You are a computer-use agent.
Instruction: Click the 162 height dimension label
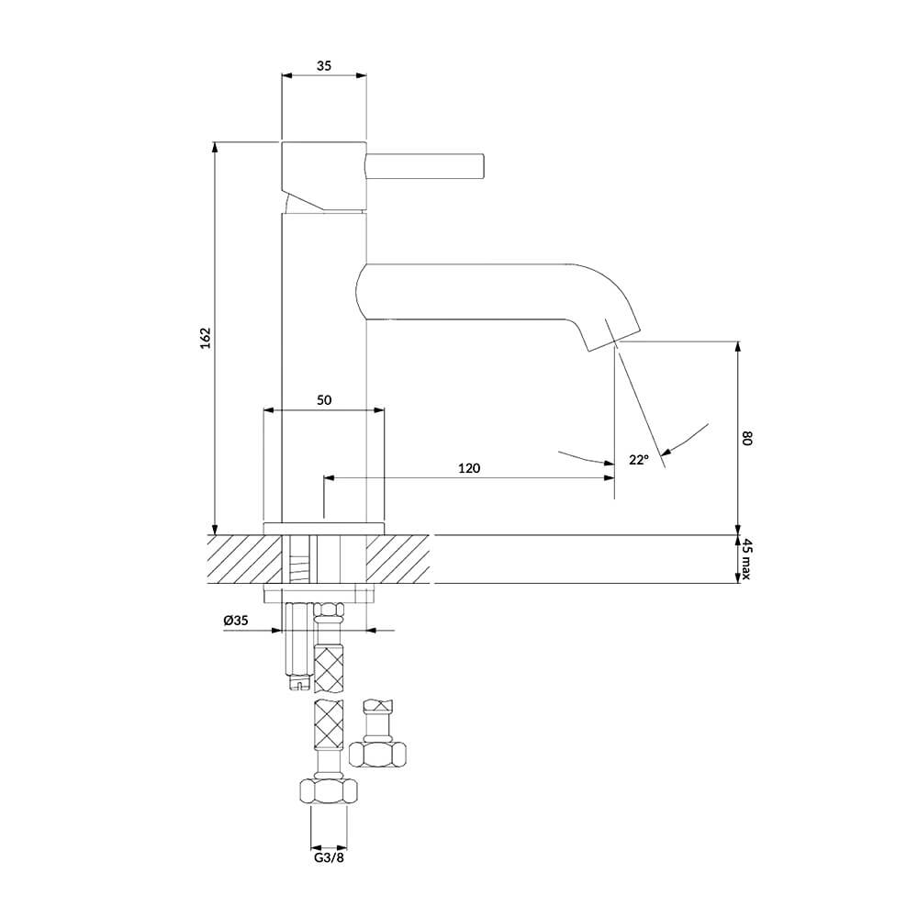coord(205,339)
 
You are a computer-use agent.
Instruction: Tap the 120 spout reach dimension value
coord(469,468)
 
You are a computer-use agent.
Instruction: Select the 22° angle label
coord(639,460)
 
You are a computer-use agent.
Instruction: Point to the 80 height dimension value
coord(745,438)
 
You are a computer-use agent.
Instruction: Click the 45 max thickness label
coord(745,559)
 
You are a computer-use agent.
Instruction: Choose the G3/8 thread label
coord(329,857)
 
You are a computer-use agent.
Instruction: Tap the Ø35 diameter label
coord(236,621)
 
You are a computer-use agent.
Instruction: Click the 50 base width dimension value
coord(324,400)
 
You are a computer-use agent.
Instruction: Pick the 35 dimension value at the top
coord(324,65)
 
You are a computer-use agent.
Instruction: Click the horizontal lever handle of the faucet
coord(425,165)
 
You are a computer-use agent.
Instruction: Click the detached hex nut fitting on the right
coord(377,754)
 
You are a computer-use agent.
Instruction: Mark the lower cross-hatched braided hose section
coord(329,725)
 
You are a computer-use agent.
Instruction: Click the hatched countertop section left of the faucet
coord(245,559)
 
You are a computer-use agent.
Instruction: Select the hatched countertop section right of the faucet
coord(398,559)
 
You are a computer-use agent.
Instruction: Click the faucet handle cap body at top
coord(324,175)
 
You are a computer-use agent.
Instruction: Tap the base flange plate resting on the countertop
coord(324,528)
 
